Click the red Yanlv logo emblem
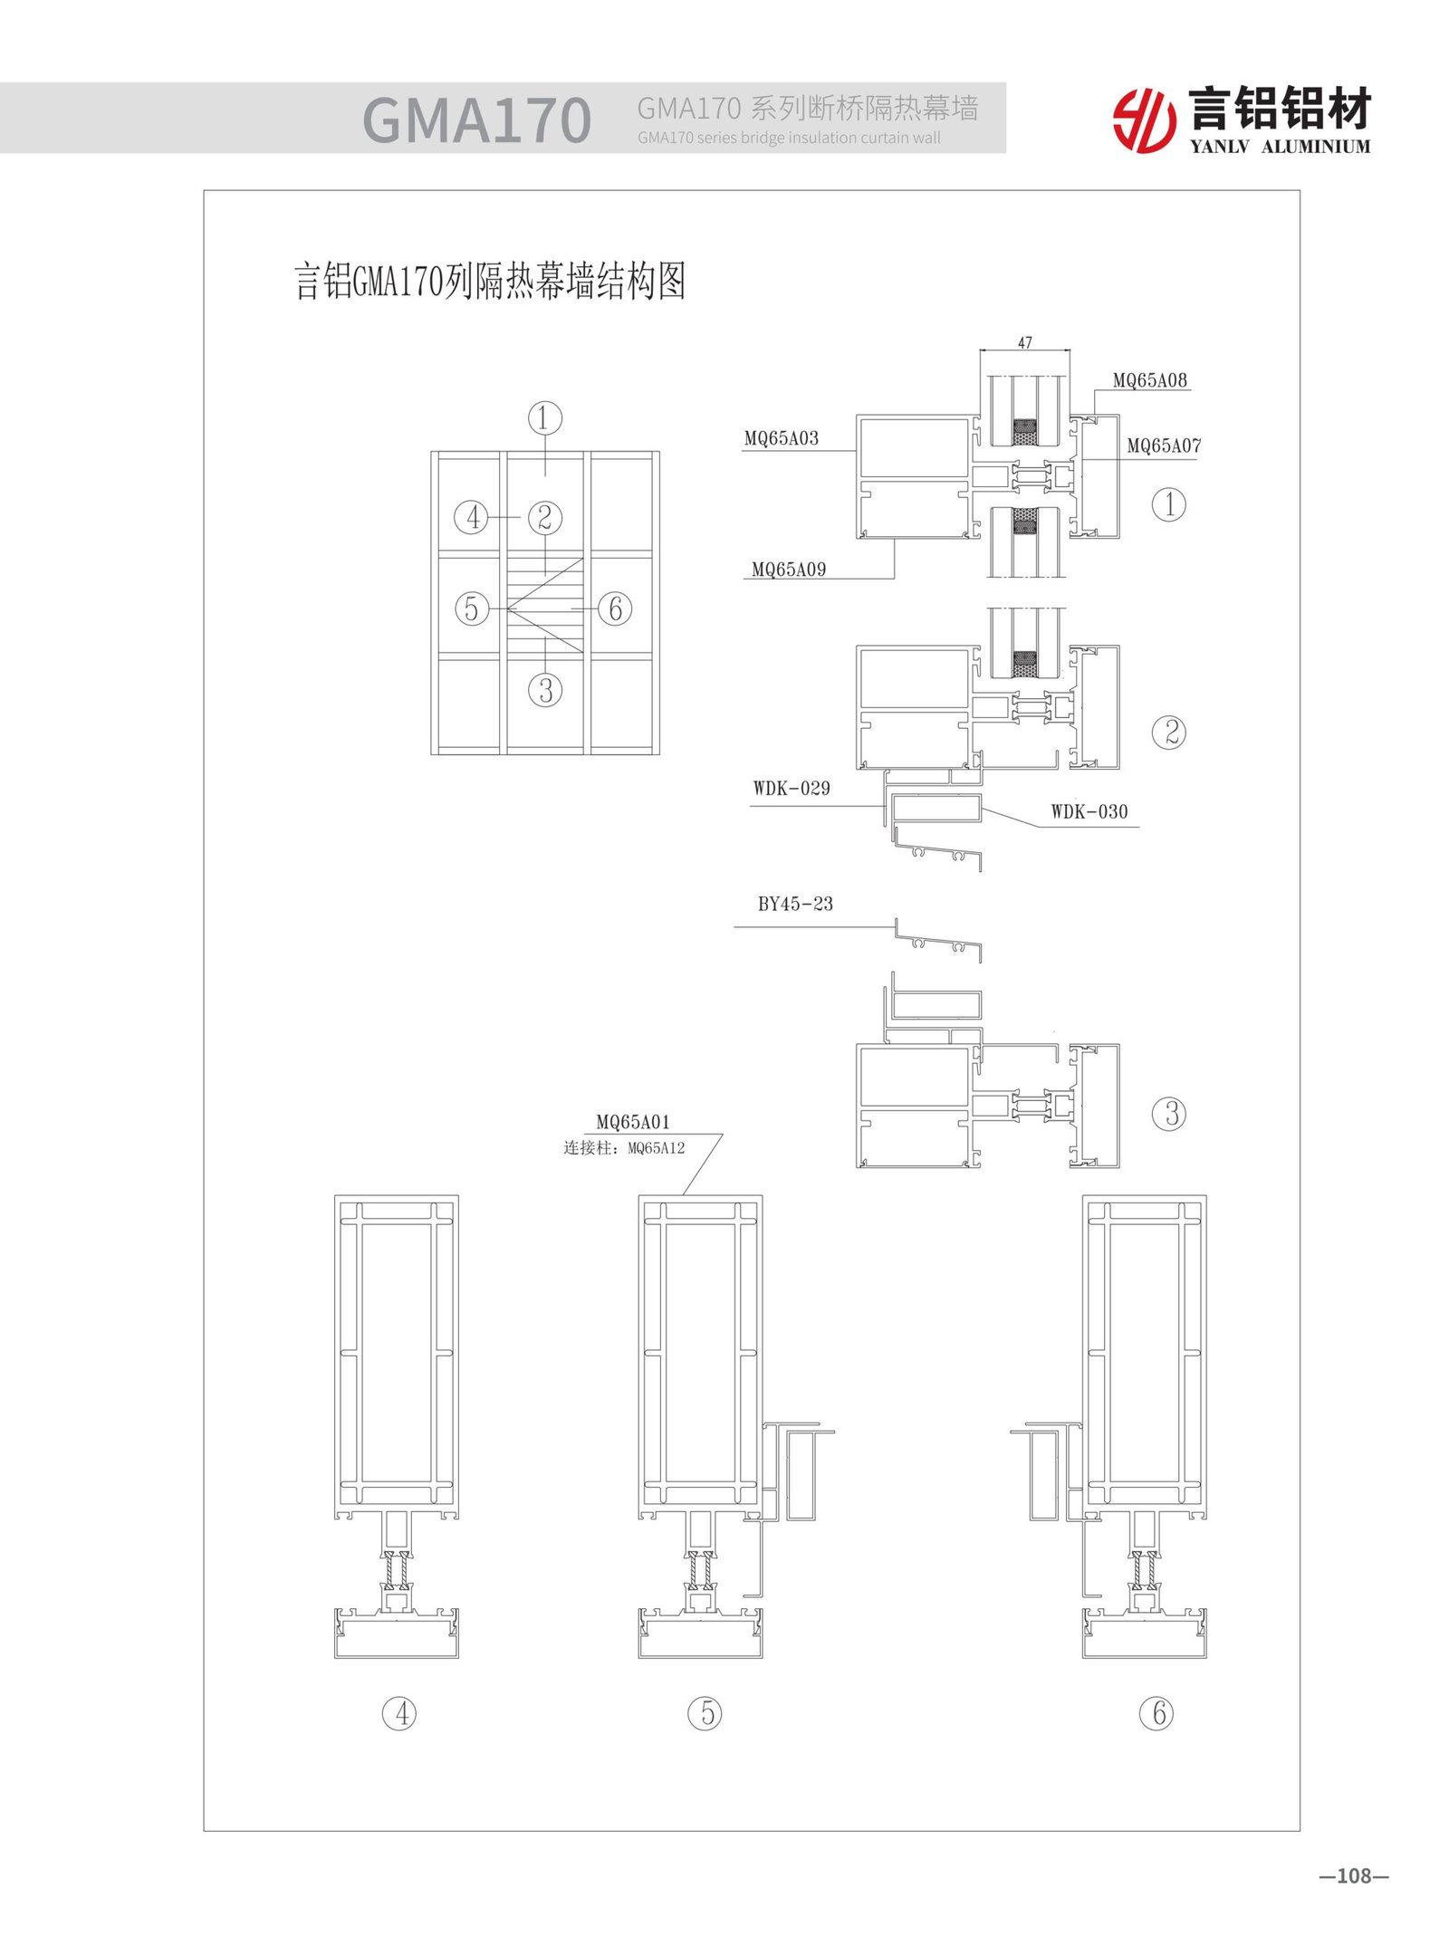pos(1144,120)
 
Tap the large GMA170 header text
pos(476,120)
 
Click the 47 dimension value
pos(1024,343)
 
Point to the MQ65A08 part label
pos(1149,380)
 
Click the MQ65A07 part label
pos(1164,446)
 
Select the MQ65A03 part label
pos(781,438)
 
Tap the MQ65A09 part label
pos(788,570)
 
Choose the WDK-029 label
pos(791,789)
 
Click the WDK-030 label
pos(1089,812)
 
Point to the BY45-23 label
pos(795,904)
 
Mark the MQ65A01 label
pos(633,1122)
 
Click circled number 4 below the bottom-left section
pos(400,1713)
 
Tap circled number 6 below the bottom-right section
pos(1156,1713)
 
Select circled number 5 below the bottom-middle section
pos(705,1713)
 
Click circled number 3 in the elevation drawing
pos(545,691)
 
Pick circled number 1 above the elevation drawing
pos(545,418)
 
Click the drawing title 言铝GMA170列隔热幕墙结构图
pos(490,282)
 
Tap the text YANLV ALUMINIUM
pos(1280,147)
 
